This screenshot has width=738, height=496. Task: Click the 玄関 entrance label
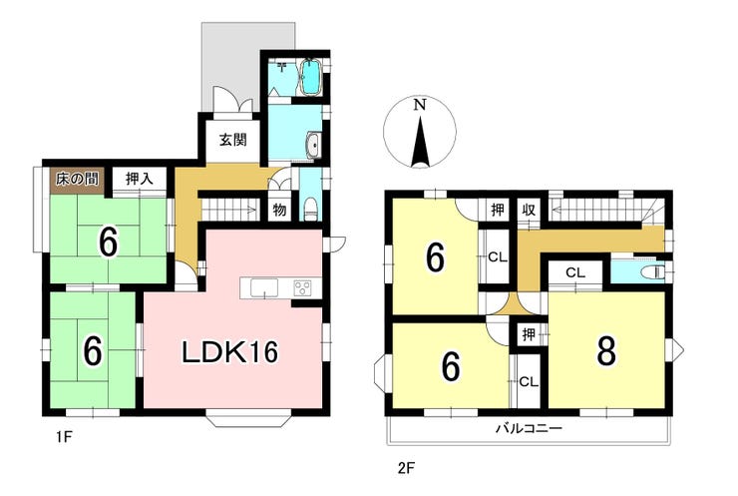(233, 140)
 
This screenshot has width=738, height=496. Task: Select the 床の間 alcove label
(77, 179)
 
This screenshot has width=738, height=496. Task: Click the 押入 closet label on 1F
(140, 179)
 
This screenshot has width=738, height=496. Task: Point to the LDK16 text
(230, 351)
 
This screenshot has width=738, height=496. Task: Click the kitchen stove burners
(302, 287)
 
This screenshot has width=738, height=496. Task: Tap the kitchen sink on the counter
(264, 287)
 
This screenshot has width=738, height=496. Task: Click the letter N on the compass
(419, 105)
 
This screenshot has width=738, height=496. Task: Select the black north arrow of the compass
(419, 143)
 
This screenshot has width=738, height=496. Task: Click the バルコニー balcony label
(529, 429)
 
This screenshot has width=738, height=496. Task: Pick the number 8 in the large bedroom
(606, 351)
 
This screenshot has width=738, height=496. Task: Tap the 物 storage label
(279, 211)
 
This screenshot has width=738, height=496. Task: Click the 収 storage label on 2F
(530, 210)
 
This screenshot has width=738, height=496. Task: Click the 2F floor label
(405, 468)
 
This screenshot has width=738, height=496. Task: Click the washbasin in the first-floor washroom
(313, 145)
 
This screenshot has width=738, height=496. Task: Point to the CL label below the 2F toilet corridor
(574, 272)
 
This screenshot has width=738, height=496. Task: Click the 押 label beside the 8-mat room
(529, 334)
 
